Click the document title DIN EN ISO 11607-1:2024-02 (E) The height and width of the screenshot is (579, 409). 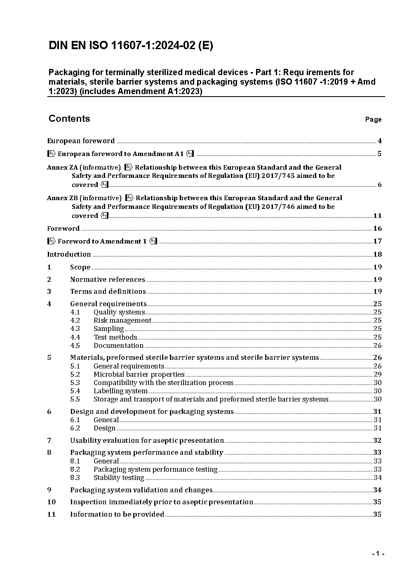131,46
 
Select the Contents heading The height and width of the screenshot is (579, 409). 69,119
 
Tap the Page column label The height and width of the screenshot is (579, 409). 373,120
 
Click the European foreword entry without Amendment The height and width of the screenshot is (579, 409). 81,141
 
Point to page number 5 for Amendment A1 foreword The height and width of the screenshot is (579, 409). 379,154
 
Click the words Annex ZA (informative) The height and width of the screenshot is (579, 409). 84,168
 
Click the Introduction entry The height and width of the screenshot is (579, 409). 69,255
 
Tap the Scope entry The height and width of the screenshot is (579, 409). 80,267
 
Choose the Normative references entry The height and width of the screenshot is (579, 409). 107,280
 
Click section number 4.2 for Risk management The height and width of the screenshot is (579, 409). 75,321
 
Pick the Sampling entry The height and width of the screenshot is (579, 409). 108,329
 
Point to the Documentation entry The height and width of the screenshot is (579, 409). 118,346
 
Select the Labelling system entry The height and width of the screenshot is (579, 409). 120,391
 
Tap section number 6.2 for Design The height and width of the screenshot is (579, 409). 75,428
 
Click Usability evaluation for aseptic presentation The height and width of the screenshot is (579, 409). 147,441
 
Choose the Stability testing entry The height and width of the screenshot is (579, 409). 119,478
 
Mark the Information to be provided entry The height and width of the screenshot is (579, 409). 117,515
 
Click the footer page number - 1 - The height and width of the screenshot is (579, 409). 378,554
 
